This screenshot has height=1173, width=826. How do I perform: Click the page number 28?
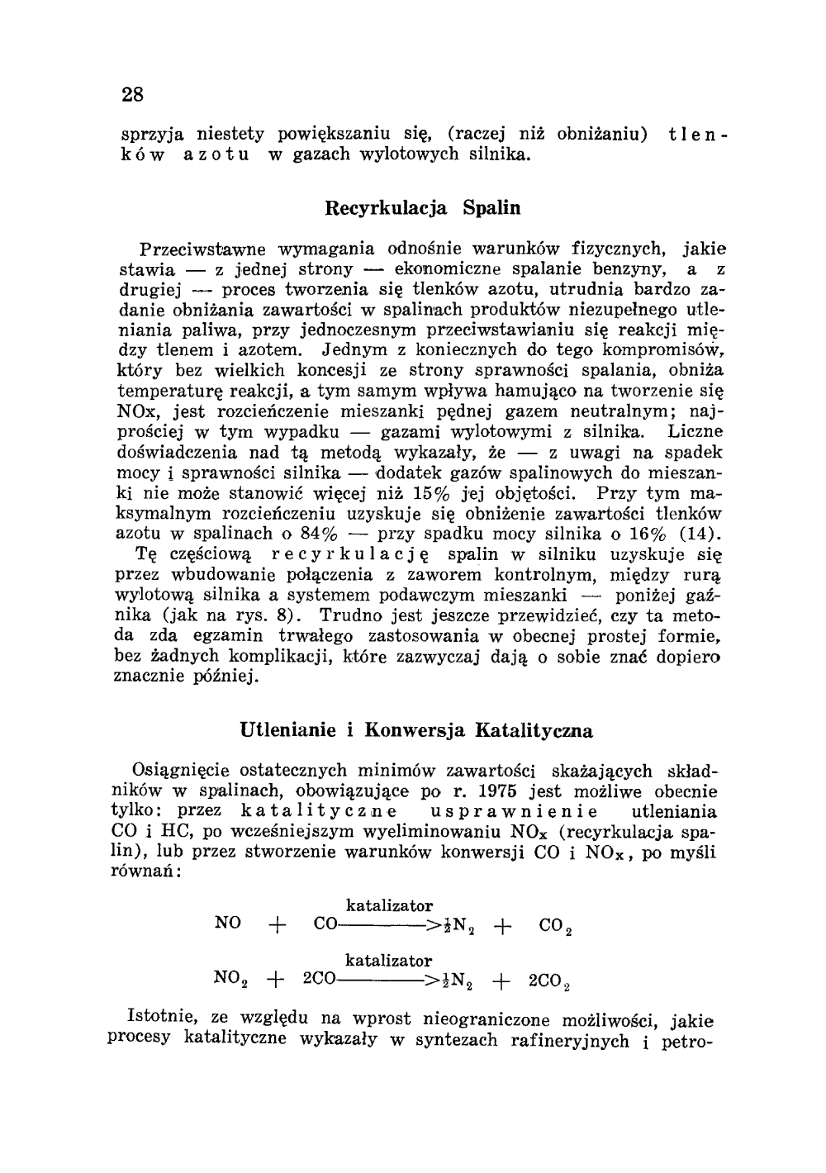[x=133, y=94]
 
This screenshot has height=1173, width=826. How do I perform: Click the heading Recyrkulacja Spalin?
[x=424, y=207]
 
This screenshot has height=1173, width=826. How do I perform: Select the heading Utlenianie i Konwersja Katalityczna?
[x=416, y=730]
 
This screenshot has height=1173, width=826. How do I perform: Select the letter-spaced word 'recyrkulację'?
[x=349, y=553]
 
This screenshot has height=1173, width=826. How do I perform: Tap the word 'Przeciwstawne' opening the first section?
[x=198, y=248]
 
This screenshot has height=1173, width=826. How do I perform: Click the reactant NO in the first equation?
[x=227, y=923]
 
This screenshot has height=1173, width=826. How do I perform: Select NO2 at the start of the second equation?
[x=230, y=978]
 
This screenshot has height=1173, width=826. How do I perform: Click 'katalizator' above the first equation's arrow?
[x=389, y=906]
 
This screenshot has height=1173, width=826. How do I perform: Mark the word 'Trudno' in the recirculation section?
[x=346, y=615]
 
